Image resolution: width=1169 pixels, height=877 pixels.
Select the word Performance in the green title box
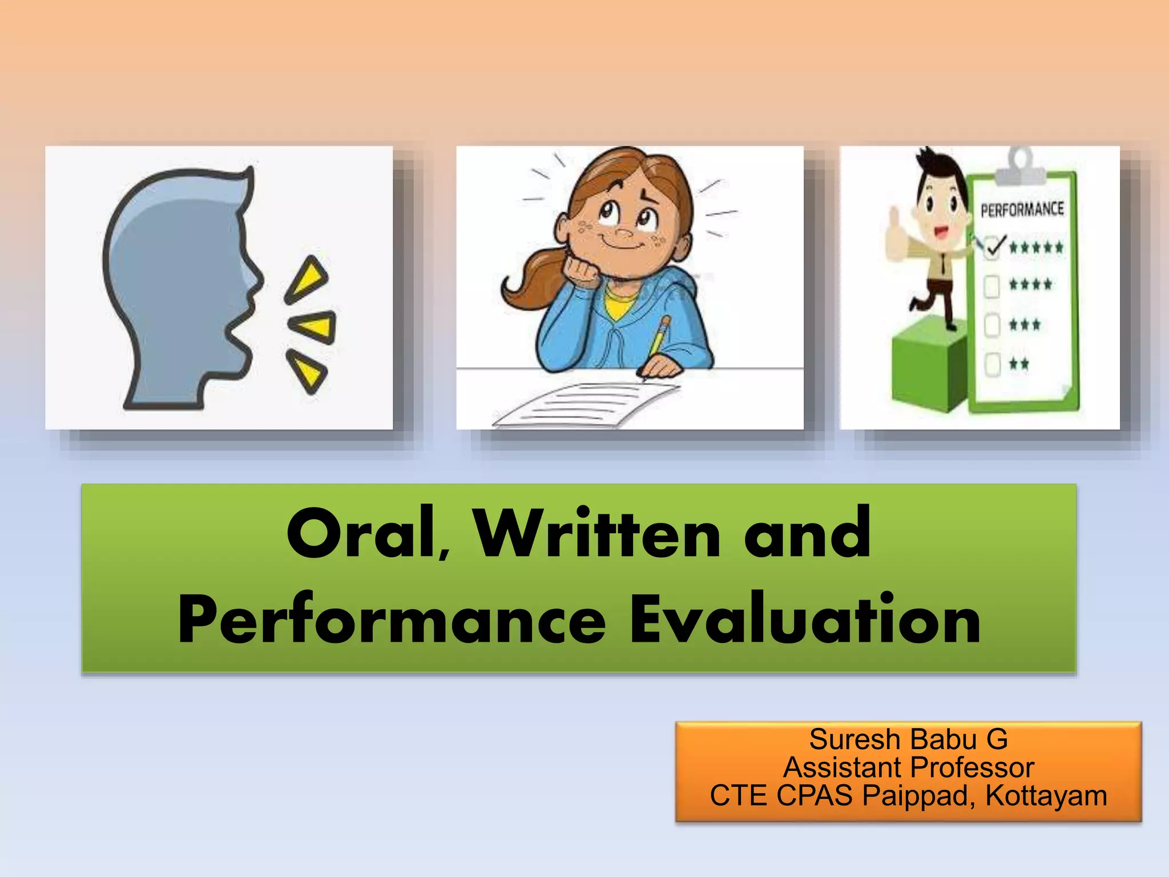[x=392, y=619]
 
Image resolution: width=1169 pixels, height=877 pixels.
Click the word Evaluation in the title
[x=805, y=619]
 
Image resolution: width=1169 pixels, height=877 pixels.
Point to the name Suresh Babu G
[x=908, y=739]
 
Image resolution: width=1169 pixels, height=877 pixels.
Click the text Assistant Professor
[x=908, y=767]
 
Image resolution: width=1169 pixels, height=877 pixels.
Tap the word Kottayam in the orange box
[x=1046, y=795]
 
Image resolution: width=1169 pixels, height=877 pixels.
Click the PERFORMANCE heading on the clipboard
[x=1022, y=210]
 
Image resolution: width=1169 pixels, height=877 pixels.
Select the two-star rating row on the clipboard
[x=1018, y=364]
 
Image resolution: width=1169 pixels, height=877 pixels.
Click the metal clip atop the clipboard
[x=1021, y=166]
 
